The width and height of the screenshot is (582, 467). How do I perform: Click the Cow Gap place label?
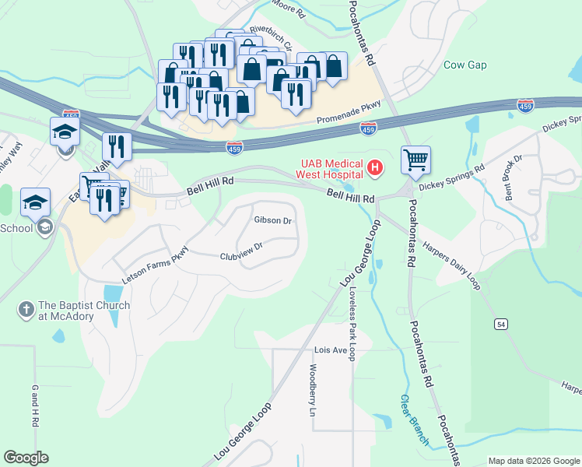click(465, 65)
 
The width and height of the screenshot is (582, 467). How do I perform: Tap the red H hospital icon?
click(377, 167)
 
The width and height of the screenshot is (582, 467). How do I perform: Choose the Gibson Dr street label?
click(272, 220)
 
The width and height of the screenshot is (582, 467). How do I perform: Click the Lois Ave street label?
click(330, 350)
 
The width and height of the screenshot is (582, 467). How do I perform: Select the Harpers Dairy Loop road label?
click(452, 265)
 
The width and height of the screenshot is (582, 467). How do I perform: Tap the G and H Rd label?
click(34, 405)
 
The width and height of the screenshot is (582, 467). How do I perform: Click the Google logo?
click(26, 458)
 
